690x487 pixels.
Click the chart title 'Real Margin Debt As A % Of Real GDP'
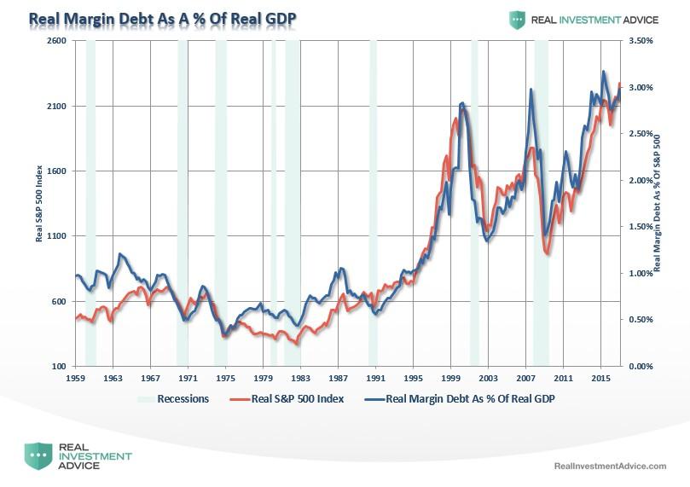coord(163,18)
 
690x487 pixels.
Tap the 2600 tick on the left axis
coord(55,41)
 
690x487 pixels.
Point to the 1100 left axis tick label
coord(55,236)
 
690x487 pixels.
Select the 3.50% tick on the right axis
coord(641,41)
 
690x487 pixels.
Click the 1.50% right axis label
coord(641,227)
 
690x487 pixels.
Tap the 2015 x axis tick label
coord(600,377)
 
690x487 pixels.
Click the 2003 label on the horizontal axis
coord(488,377)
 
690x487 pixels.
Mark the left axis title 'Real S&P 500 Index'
coord(38,204)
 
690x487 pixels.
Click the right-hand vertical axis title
coord(659,204)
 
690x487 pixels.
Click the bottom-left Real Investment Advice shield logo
coord(38,456)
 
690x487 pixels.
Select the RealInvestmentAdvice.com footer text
coord(610,466)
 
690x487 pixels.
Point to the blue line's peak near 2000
coord(461,103)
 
